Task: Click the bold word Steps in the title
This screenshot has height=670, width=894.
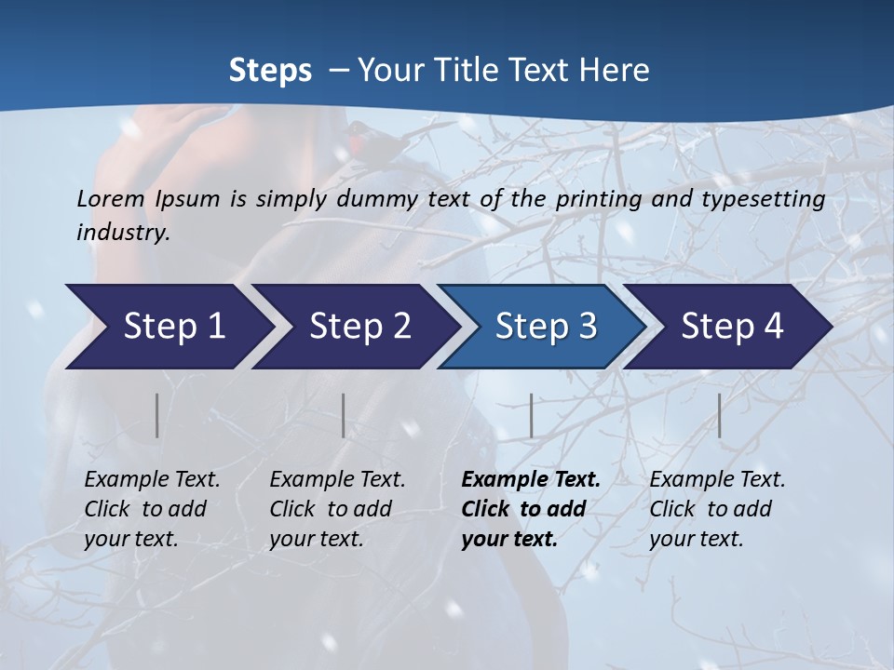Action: pyautogui.click(x=270, y=71)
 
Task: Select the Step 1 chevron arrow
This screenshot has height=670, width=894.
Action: pyautogui.click(x=168, y=326)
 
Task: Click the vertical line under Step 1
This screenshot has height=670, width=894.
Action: pyautogui.click(x=157, y=415)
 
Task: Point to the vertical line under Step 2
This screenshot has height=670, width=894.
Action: pyautogui.click(x=344, y=415)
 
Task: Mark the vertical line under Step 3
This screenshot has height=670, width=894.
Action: pyautogui.click(x=531, y=415)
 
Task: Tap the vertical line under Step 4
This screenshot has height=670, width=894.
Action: pyautogui.click(x=719, y=415)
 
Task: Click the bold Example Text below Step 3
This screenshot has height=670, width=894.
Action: pyautogui.click(x=530, y=509)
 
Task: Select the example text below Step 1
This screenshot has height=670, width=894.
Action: pyautogui.click(x=151, y=509)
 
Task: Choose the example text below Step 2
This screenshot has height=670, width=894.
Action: pyautogui.click(x=336, y=509)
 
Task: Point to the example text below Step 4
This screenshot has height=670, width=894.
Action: pyautogui.click(x=716, y=509)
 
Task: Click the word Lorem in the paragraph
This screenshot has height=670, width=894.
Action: pyautogui.click(x=111, y=199)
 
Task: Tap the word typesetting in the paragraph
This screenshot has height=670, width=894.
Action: pyautogui.click(x=763, y=199)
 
